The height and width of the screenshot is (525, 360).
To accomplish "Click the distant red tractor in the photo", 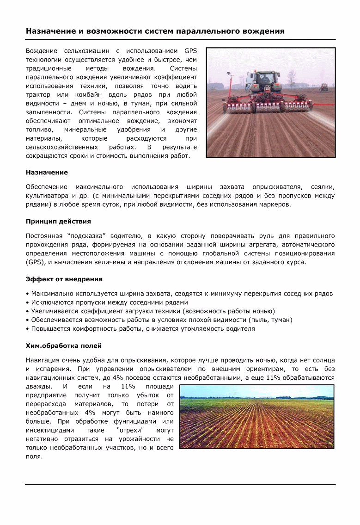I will pyautogui.click(x=324, y=87).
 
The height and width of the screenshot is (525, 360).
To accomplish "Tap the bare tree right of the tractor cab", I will pyautogui.click(x=291, y=79).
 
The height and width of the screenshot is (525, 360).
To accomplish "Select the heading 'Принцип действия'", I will pyautogui.click(x=58, y=221).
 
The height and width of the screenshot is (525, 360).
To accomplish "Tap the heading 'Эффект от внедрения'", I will pyautogui.click(x=64, y=279).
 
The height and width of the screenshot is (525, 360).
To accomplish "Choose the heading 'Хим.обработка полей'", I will pyautogui.click(x=64, y=346).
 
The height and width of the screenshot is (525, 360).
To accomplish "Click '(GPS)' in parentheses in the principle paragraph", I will pyautogui.click(x=35, y=262).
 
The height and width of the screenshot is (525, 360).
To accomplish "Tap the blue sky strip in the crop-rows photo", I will pyautogui.click(x=256, y=391).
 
